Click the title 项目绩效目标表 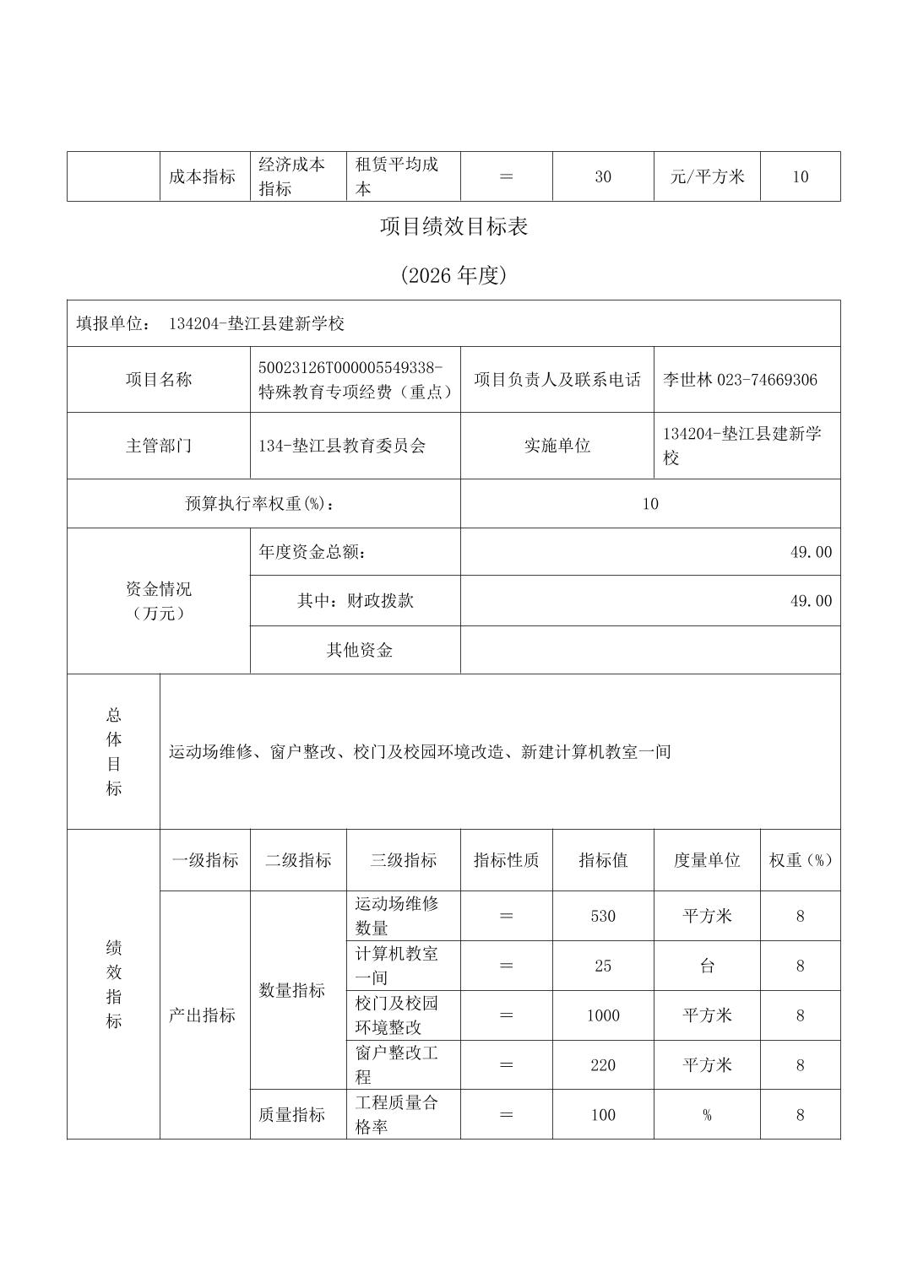coord(453,227)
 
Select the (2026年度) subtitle coord(453,276)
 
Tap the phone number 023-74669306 coord(767,380)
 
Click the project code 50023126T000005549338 coord(350,367)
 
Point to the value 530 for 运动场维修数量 coord(603,916)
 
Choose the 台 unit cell coord(707,966)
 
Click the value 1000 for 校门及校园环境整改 coord(603,1015)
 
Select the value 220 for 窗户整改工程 coord(603,1065)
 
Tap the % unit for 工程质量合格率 coord(707,1115)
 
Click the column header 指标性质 coord(507,860)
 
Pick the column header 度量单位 coord(707,860)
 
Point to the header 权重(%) coord(800,860)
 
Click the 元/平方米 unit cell coord(707,176)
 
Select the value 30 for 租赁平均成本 coord(603,176)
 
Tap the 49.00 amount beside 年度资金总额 coord(811,552)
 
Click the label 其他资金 coord(360,650)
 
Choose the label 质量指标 coord(292,1115)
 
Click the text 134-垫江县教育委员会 coord(342,446)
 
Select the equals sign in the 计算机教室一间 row coord(507,966)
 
